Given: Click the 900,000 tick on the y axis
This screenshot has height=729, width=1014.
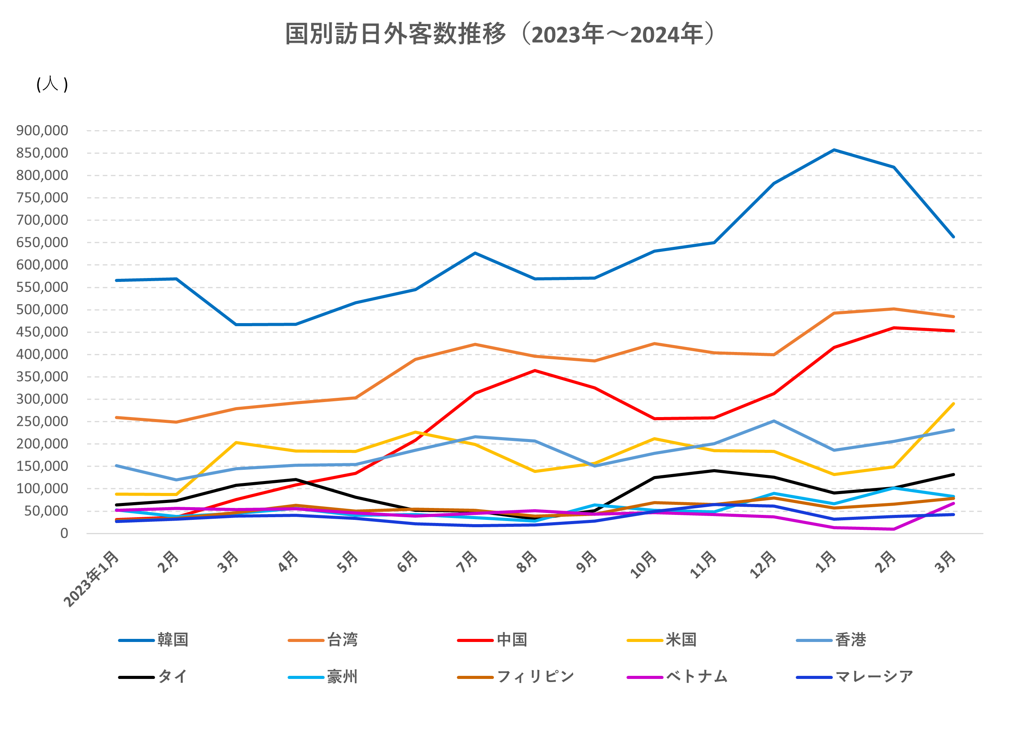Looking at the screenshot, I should click(42, 131).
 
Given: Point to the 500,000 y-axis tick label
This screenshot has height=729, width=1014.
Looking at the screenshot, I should click(42, 310).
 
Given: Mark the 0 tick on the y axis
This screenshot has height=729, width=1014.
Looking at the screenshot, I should click(64, 533).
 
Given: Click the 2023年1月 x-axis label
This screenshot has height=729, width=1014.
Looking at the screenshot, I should click(92, 579).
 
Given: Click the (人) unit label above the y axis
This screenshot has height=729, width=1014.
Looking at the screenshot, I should click(52, 84).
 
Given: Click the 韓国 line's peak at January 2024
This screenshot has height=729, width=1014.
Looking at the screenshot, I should click(834, 150).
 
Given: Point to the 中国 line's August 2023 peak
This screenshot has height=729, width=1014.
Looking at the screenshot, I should click(535, 370).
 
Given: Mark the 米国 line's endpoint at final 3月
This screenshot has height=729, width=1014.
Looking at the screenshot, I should click(953, 404).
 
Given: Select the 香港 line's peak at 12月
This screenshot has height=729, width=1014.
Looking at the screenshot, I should click(773, 421).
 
